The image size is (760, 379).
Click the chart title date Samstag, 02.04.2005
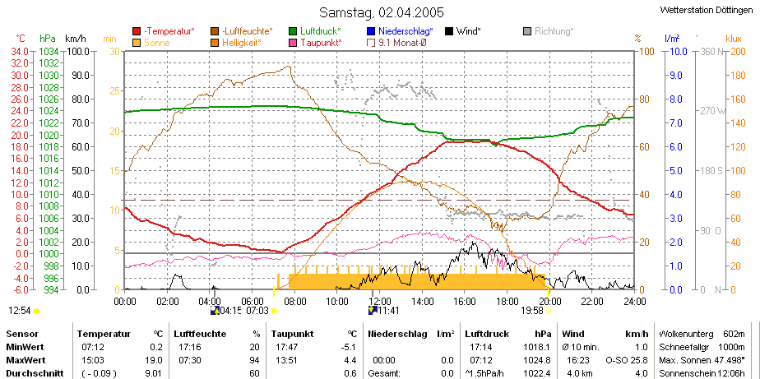tap(382, 12)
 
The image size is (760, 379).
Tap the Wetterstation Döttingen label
tap(707, 10)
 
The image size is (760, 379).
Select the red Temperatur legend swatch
tap(137, 31)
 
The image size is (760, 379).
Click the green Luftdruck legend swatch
tap(293, 31)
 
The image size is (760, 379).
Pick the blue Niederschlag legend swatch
tap(371, 31)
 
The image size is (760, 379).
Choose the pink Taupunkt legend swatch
tap(293, 43)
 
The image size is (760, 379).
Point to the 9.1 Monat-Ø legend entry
tap(396, 43)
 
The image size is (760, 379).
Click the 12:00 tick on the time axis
tap(379, 302)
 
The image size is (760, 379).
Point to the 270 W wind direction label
tap(711, 111)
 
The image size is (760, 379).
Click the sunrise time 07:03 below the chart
tap(257, 311)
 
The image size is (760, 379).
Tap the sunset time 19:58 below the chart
tap(532, 311)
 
